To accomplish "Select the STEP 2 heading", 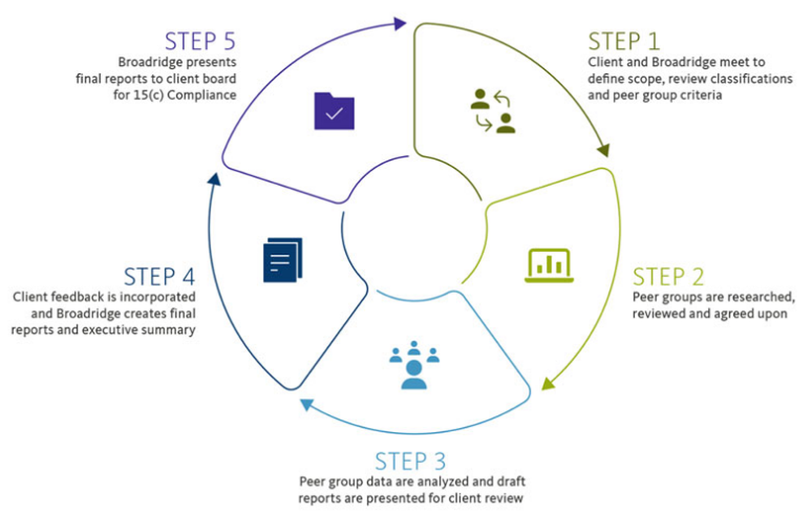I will [668, 276].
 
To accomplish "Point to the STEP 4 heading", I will [160, 276].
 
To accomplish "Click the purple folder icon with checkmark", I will [335, 111].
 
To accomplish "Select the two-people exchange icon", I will [493, 112].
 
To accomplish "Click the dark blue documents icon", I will [283, 260].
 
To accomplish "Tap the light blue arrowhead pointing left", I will [305, 404].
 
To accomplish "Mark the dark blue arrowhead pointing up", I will [213, 179].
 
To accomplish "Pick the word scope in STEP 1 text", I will [638, 79].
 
